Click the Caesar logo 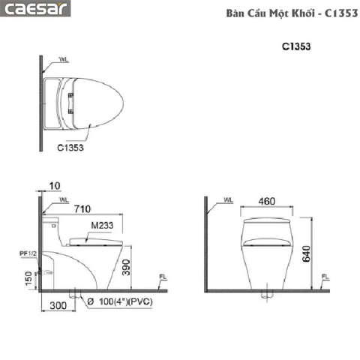[x=35, y=10]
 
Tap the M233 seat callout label [x=102, y=226]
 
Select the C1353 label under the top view [x=70, y=148]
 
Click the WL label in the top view [x=62, y=59]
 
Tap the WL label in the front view [x=229, y=200]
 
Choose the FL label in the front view [x=325, y=278]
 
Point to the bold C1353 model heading [x=296, y=46]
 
